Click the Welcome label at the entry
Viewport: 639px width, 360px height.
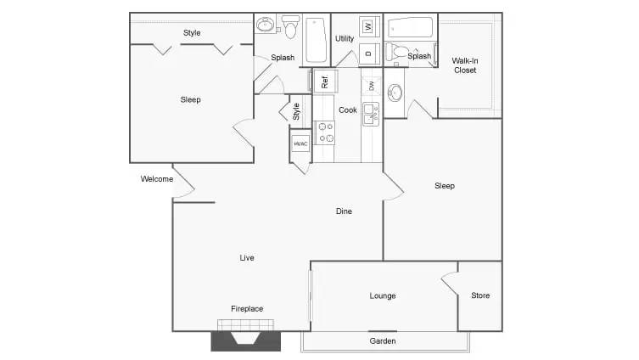click(x=157, y=179)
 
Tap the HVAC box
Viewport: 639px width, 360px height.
click(x=300, y=143)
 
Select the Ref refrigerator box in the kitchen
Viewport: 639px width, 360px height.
click(x=323, y=82)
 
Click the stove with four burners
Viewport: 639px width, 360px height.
click(x=325, y=132)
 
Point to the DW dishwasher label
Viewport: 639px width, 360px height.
click(x=372, y=85)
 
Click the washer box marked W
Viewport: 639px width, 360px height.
click(x=368, y=26)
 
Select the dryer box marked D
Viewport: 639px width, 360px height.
click(x=368, y=53)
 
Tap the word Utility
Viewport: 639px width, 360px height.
click(x=345, y=38)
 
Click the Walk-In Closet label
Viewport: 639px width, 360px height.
click(x=464, y=65)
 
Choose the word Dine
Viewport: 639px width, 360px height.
click(x=344, y=211)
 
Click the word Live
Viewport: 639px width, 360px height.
click(x=247, y=257)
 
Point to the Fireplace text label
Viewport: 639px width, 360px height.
click(x=247, y=308)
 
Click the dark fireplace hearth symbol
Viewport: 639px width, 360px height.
click(x=246, y=340)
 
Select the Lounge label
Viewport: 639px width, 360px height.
click(x=383, y=295)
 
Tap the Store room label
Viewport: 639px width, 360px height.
click(x=480, y=295)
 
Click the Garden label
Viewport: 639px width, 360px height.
click(x=383, y=340)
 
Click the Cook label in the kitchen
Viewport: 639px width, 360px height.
click(x=348, y=110)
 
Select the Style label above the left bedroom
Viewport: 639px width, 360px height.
click(x=192, y=33)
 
